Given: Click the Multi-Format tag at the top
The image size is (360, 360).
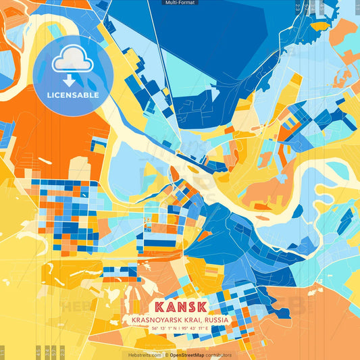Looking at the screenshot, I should pyautogui.click(x=180, y=3).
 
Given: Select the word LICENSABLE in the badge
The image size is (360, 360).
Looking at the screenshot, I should pyautogui.click(x=72, y=95).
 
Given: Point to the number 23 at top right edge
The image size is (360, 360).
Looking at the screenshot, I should pyautogui.click(x=298, y=7).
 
